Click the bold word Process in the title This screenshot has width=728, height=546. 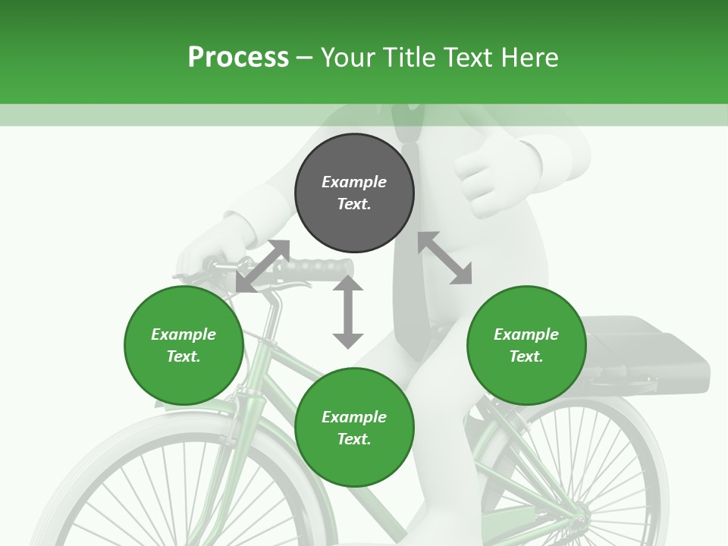pyautogui.click(x=238, y=58)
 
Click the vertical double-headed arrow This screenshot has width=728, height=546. pyautogui.click(x=348, y=312)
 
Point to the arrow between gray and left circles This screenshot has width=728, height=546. pyautogui.click(x=262, y=266)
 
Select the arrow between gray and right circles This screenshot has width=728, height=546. pyautogui.click(x=445, y=258)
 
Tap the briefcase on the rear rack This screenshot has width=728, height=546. pyautogui.click(x=652, y=356)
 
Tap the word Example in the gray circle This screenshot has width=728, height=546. pyautogui.click(x=354, y=182)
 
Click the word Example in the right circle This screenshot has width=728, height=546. pyautogui.click(x=526, y=334)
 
